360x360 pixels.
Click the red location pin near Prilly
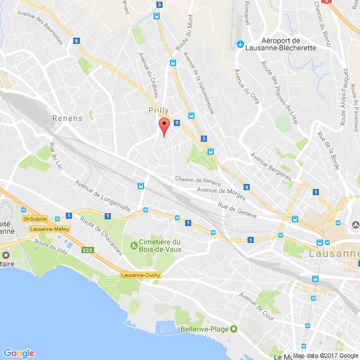tap(164, 125)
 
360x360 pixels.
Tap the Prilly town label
tap(158, 110)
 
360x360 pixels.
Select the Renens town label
tap(67, 118)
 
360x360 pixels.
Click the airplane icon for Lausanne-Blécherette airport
tap(240, 44)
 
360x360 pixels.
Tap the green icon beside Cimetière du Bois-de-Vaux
tap(133, 244)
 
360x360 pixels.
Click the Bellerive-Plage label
tap(205, 328)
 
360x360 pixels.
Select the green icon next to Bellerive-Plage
tap(234, 328)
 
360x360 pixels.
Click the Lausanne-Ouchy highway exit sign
tap(141, 274)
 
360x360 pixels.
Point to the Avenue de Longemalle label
tap(103, 196)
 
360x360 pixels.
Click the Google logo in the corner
tap(18, 353)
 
